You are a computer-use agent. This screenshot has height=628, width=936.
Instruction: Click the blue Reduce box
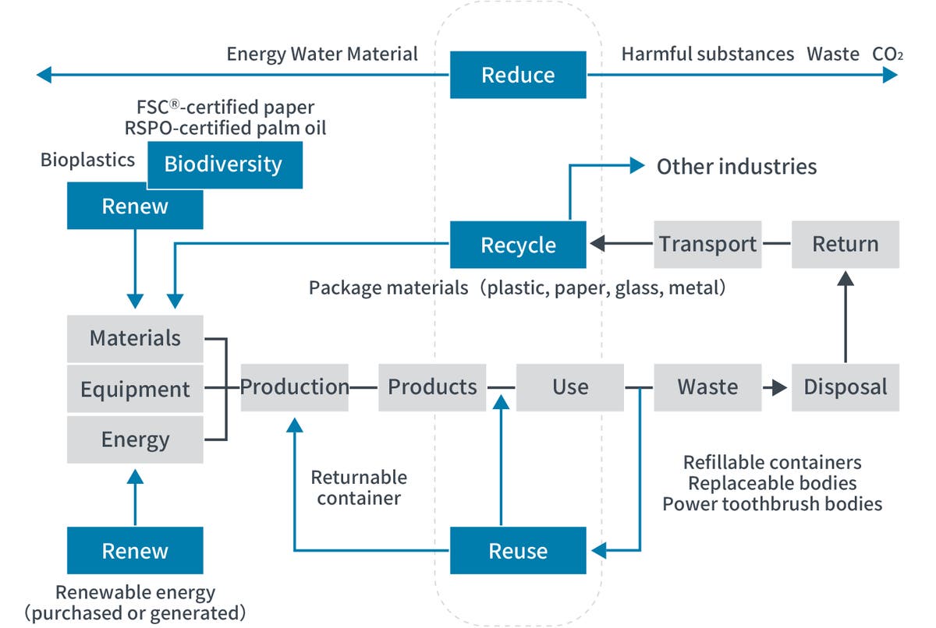click(x=518, y=75)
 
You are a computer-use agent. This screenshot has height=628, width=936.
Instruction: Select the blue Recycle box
click(x=518, y=245)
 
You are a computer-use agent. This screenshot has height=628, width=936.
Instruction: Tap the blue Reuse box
click(x=518, y=551)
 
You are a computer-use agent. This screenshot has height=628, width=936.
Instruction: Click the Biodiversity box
click(x=224, y=164)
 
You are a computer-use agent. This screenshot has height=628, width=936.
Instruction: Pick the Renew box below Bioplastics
click(x=135, y=206)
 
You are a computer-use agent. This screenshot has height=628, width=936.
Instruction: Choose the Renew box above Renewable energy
click(x=135, y=551)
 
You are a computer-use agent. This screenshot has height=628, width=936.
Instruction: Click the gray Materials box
click(x=135, y=338)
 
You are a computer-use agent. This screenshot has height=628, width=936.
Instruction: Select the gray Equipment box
click(x=135, y=388)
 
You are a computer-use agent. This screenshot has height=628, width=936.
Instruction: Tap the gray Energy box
click(x=135, y=439)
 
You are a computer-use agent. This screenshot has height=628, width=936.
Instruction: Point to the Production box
click(x=294, y=386)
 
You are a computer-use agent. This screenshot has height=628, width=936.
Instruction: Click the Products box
click(x=432, y=386)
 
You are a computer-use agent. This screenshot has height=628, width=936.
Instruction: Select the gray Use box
click(x=570, y=386)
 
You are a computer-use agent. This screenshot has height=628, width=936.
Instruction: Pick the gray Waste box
click(x=707, y=386)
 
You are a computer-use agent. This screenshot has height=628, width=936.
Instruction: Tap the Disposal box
click(x=846, y=386)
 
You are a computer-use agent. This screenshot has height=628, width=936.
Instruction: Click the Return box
click(x=846, y=244)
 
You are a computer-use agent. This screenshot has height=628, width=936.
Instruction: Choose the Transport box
click(x=707, y=244)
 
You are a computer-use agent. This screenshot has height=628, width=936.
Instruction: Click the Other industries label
click(x=736, y=166)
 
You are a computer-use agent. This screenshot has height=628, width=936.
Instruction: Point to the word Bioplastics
click(x=87, y=161)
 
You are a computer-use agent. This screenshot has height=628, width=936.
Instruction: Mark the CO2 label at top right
click(x=888, y=54)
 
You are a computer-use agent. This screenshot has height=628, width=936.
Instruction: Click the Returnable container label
click(x=359, y=487)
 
